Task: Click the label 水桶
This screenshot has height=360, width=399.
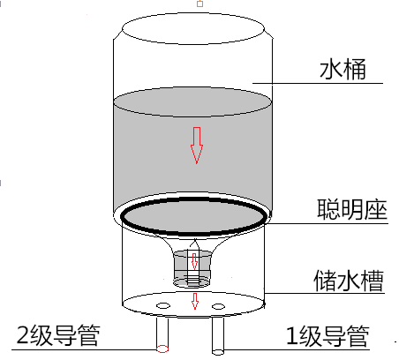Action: click(343, 69)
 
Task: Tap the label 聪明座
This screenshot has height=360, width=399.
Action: click(352, 209)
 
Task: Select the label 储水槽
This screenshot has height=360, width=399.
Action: click(349, 281)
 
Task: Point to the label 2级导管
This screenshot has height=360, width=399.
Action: click(58, 335)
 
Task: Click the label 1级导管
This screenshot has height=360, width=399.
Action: click(327, 335)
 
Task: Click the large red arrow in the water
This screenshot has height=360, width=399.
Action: click(197, 146)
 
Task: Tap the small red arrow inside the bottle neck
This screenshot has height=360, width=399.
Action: click(194, 261)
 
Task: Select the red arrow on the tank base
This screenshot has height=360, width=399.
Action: click(195, 301)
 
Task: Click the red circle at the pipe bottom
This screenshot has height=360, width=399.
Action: click(162, 349)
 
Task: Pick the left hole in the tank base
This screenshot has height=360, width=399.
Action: click(163, 306)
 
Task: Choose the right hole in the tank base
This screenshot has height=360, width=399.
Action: click(218, 307)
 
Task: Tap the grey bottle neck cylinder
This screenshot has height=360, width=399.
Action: click(192, 268)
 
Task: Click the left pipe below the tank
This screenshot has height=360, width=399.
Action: click(162, 334)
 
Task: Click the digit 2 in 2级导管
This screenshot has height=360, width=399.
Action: click(22, 335)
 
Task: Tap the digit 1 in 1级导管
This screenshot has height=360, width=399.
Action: click(291, 335)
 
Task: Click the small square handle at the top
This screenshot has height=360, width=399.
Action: click(200, 4)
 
